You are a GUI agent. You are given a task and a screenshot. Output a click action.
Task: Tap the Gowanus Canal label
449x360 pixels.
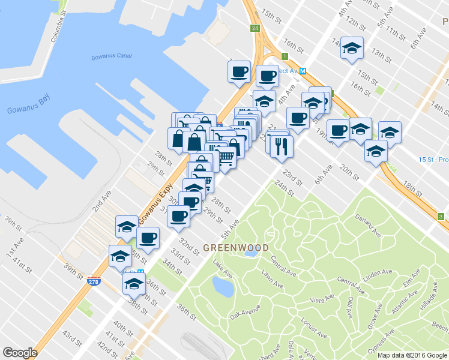tap(111, 57)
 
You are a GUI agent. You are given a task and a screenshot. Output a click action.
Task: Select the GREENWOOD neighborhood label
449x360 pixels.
tap(235, 247)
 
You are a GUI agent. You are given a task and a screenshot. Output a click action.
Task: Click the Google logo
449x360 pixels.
tap(20, 353)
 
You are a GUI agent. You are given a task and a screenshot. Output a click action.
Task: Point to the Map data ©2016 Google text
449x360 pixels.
tap(412, 355)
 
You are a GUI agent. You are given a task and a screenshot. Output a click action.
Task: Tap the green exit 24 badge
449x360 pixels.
tap(255, 28)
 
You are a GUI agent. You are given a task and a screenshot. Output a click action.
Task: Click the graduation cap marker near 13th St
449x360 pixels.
tap(352, 47)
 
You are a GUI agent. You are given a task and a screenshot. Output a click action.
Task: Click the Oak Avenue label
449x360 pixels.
tap(244, 311)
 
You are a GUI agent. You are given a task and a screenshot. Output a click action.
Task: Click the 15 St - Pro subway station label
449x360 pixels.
tap(433, 160)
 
